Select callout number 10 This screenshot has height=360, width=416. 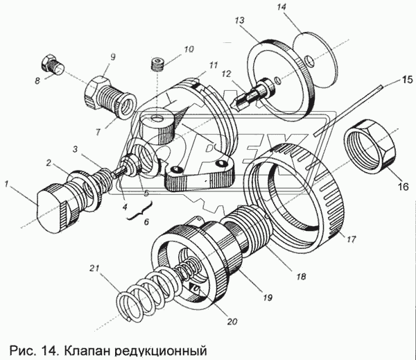[170, 50]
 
